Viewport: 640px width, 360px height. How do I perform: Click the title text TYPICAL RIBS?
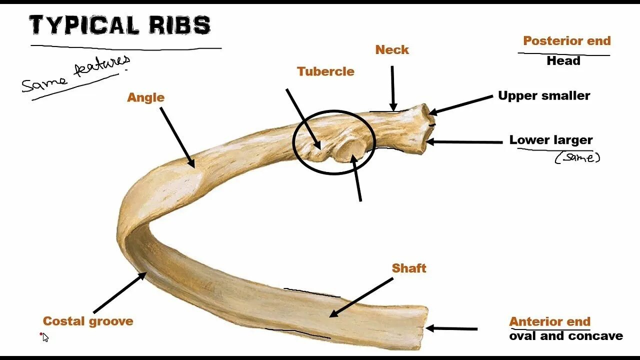pyautogui.click(x=119, y=25)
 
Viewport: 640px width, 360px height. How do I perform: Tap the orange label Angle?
pyautogui.click(x=145, y=97)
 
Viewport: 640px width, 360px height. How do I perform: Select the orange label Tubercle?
pyautogui.click(x=325, y=71)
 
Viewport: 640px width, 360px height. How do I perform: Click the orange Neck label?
pyautogui.click(x=392, y=50)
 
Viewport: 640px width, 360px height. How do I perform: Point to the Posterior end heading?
pyautogui.click(x=566, y=41)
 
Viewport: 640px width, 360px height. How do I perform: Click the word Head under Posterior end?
pyautogui.click(x=563, y=61)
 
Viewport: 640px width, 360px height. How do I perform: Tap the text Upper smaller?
pyautogui.click(x=544, y=95)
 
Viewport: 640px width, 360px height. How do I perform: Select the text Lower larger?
pyautogui.click(x=551, y=140)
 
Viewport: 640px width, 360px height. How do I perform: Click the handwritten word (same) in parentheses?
pyautogui.click(x=577, y=158)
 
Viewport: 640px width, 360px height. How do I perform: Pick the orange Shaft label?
pyautogui.click(x=409, y=268)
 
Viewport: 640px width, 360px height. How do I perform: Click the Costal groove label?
pyautogui.click(x=88, y=321)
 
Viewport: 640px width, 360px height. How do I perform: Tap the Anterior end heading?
pyautogui.click(x=549, y=321)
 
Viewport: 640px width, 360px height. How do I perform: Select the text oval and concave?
pyautogui.click(x=566, y=336)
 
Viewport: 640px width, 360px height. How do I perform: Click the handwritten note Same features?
pyautogui.click(x=75, y=75)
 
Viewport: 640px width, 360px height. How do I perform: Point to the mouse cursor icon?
pyautogui.click(x=45, y=337)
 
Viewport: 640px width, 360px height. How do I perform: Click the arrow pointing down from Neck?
pyautogui.click(x=393, y=87)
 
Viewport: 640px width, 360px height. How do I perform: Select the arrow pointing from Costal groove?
pyautogui.click(x=120, y=292)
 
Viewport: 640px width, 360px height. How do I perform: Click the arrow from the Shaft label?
pyautogui.click(x=362, y=297)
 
